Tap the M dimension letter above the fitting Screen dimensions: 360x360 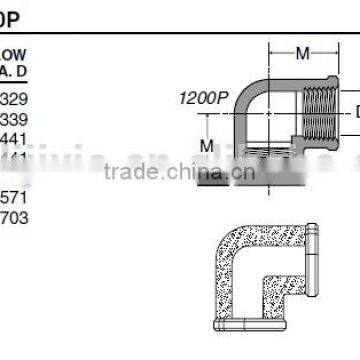pos(303,52)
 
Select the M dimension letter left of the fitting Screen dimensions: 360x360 pos(207,146)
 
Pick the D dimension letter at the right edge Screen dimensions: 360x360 pos(355,112)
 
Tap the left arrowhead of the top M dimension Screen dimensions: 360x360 pos(270,52)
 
